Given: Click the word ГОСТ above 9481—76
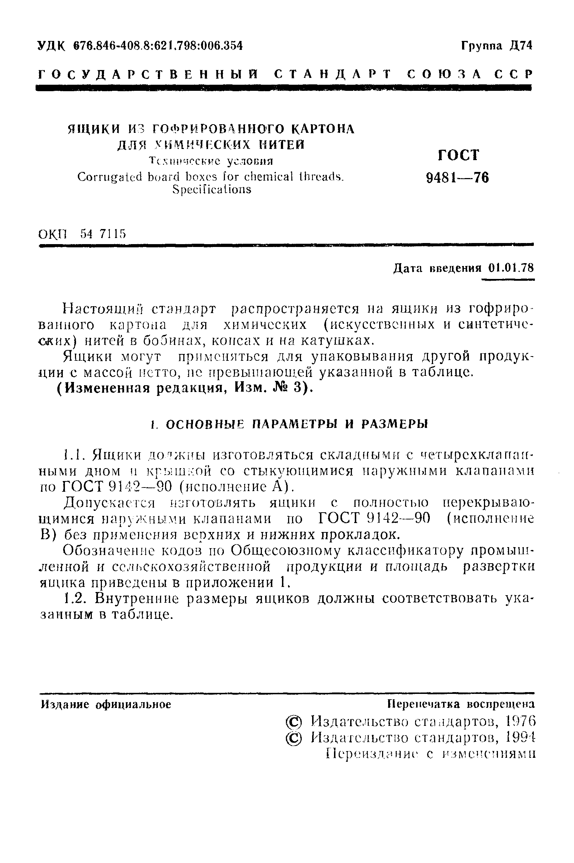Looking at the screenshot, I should (458, 155).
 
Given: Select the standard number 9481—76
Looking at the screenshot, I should (458, 178).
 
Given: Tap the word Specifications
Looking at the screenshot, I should (212, 190).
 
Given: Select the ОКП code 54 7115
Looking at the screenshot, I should (103, 233).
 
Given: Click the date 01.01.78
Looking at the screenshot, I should (511, 268).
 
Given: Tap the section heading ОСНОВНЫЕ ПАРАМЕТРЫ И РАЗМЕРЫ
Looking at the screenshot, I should (296, 424).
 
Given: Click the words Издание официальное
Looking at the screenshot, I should (106, 704).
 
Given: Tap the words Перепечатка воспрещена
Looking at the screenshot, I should (461, 704).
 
